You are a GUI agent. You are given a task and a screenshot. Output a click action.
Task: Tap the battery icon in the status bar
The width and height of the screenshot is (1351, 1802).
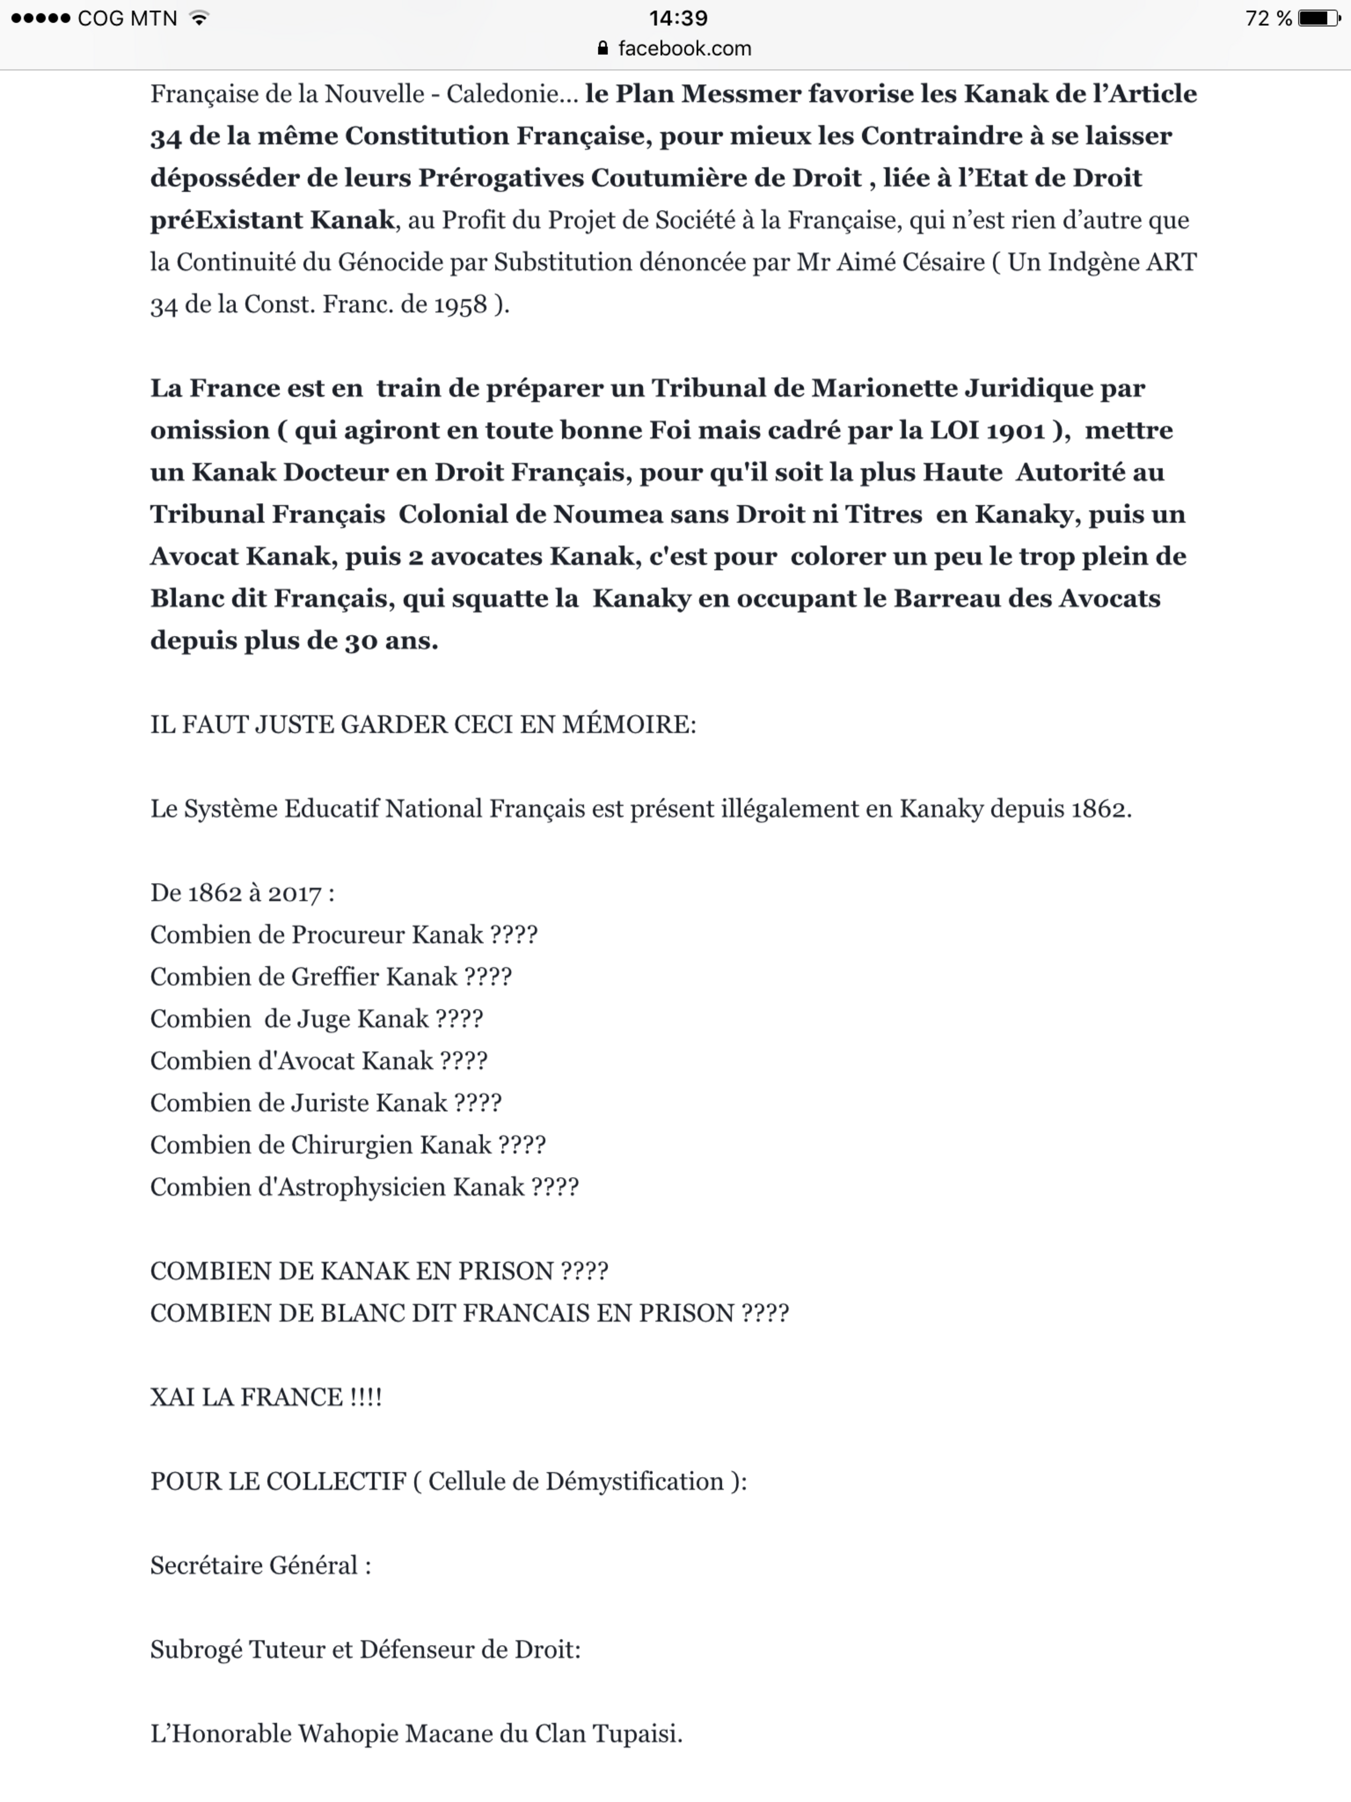coord(1318,18)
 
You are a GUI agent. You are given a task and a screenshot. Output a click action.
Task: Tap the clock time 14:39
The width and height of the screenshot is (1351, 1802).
coord(677,18)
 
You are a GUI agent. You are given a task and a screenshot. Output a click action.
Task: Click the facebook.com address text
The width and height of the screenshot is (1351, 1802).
coord(684,49)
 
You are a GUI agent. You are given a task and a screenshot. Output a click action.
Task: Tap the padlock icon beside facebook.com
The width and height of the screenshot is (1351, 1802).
coord(602,49)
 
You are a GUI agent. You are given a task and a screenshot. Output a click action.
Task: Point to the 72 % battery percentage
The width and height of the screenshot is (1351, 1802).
coord(1268,18)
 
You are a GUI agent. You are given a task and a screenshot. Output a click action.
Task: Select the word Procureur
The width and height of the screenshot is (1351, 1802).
coord(348,934)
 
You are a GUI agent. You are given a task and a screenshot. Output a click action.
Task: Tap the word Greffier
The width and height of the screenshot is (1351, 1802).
coord(335,977)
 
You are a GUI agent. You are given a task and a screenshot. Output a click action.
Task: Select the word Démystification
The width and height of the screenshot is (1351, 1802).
coord(634,1481)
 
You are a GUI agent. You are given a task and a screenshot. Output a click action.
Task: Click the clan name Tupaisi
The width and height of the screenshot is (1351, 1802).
coord(636,1734)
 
